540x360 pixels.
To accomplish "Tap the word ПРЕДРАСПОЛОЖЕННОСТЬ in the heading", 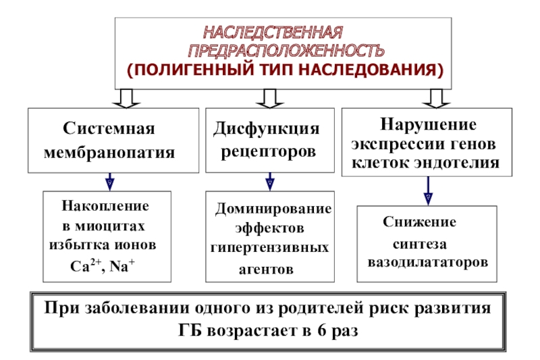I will pos(286,51).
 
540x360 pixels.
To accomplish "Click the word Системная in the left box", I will pos(109,128).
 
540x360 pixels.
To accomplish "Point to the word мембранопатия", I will pos(109,152).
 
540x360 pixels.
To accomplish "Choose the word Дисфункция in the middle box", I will pos(267,128).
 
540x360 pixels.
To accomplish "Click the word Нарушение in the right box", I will pos(428,124).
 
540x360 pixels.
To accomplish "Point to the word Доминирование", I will pos(273,209).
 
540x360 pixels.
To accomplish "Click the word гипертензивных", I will pos(269,247).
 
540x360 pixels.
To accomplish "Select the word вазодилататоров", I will pos(428,260).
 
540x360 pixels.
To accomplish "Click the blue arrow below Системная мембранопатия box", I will pos(109,182).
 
